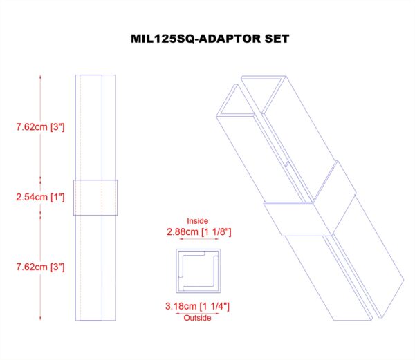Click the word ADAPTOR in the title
230,39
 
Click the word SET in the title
277,39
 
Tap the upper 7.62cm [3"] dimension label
40,127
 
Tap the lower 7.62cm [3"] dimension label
40,267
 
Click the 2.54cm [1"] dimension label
40,197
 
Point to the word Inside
197,221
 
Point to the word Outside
197,318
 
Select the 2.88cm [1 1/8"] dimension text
199,232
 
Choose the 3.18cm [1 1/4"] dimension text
197,306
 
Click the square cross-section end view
199,271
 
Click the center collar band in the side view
95,198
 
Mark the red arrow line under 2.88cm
199,239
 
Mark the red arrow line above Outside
197,314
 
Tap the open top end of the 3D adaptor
251,97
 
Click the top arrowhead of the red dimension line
40,77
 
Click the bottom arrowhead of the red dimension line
40,319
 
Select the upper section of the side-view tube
95,127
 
